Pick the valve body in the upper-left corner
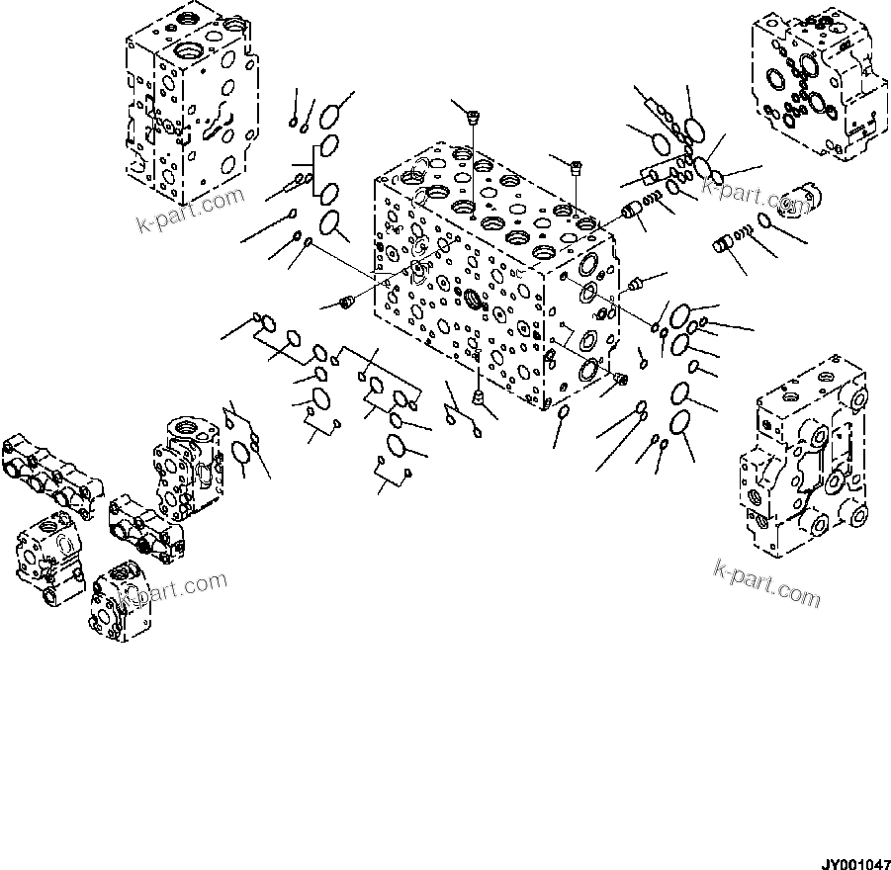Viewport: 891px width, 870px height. [x=194, y=104]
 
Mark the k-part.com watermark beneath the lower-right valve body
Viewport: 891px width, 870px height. [x=766, y=582]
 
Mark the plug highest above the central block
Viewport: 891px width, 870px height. [x=472, y=117]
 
